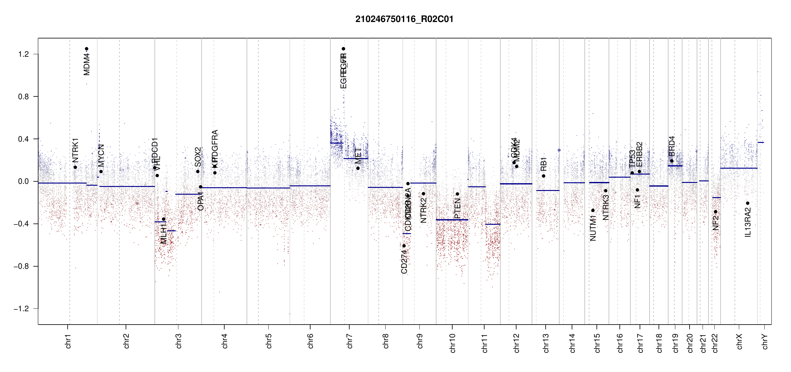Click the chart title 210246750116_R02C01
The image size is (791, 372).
404,19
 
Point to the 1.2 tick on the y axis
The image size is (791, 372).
24,54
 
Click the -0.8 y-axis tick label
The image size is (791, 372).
21,266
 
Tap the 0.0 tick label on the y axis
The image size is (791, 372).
24,181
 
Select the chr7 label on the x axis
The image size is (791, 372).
350,341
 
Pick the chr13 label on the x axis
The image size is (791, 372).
546,343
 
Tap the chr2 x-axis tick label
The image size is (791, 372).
126,341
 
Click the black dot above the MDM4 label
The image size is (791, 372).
87,49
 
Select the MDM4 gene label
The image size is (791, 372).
87,64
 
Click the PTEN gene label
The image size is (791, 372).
457,209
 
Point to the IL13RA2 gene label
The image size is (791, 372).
748,222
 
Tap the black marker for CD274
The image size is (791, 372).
404,246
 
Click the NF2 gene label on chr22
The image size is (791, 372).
716,223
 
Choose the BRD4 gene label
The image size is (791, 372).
672,146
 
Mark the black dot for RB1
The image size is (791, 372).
543,176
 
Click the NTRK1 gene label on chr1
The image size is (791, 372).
75,150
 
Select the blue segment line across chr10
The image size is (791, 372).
452,220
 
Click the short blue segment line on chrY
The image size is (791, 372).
761,143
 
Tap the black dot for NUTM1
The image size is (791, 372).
593,210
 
